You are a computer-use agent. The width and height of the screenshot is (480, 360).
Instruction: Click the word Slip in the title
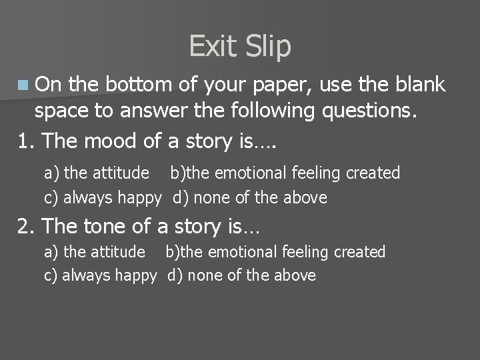pos(268,47)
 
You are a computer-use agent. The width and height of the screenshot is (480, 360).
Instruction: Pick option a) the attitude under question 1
pos(96,173)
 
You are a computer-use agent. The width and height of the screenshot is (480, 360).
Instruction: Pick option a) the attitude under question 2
pos(94,252)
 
